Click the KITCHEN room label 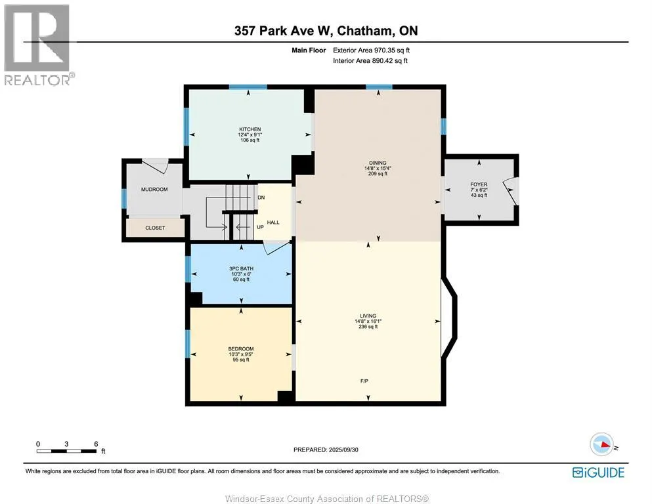coord(250,129)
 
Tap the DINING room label coord(378,163)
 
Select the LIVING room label coord(368,316)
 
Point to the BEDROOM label coord(241,348)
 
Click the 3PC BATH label coord(241,268)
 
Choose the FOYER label coord(479,184)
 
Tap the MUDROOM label coord(154,190)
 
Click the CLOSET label coord(155,228)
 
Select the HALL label coord(273,222)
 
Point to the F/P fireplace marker coord(364,381)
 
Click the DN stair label coord(261,198)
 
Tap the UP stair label coord(260,227)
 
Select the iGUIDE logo coord(598,472)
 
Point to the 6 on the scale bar coord(96,444)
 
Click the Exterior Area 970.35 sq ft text coord(372,51)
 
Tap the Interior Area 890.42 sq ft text coord(370,60)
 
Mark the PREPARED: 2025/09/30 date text coord(326,450)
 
